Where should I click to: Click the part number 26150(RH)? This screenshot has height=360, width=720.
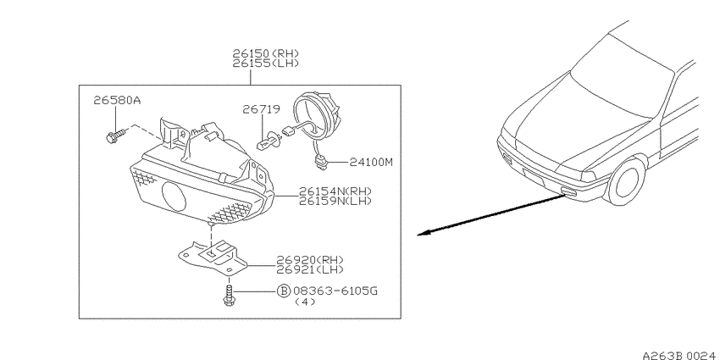coord(265,53)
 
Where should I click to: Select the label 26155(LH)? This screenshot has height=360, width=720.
coord(265,64)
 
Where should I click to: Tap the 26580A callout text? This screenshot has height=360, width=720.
coord(117,100)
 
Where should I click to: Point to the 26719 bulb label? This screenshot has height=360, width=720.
coord(261,109)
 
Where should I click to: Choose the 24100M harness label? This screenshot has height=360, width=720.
coord(371,162)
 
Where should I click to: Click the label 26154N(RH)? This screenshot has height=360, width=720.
coord(335,191)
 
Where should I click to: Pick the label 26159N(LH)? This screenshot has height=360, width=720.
coord(335,201)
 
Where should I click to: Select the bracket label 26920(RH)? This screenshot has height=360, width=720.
coord(309,260)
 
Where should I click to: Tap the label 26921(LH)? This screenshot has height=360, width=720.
coord(309,269)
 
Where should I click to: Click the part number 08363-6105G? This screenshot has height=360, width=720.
coord(335,291)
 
